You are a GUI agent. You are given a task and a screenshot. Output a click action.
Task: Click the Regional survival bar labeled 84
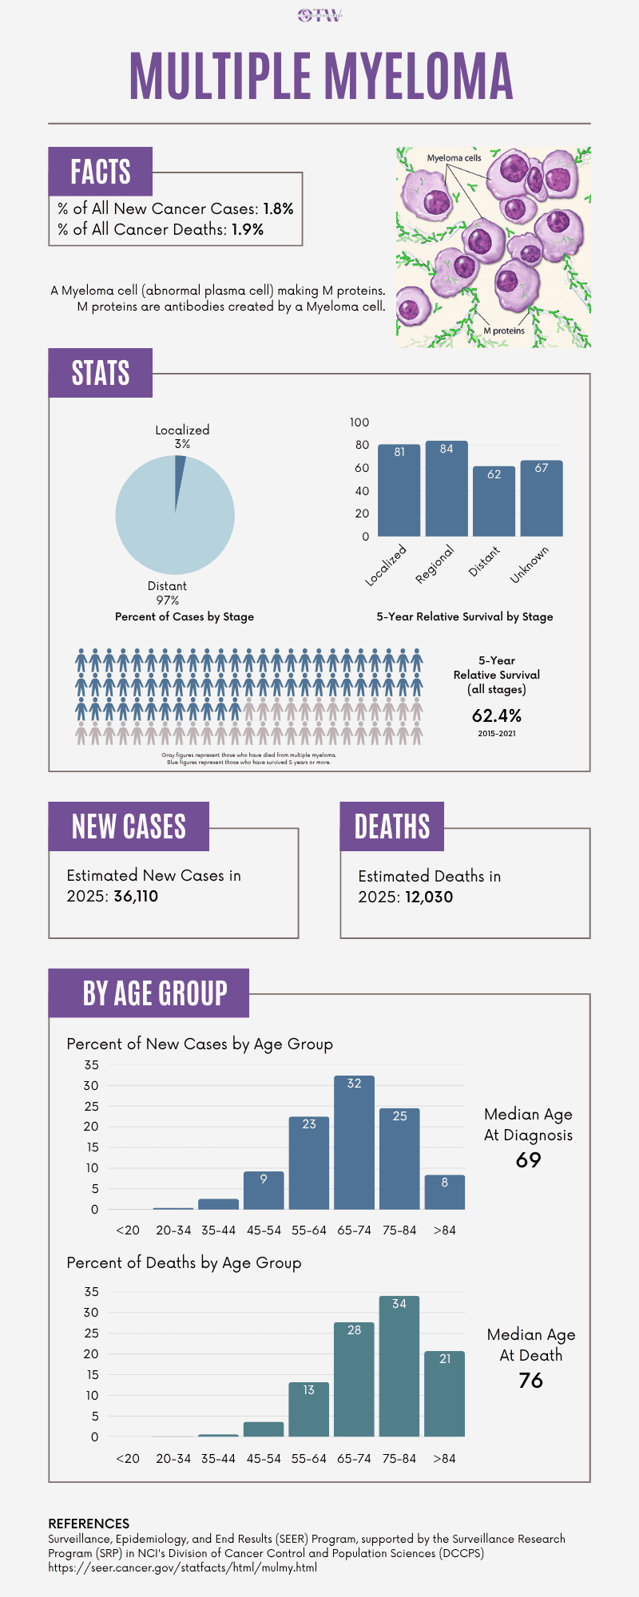(x=447, y=489)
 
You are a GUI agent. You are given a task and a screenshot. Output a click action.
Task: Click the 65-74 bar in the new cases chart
(x=354, y=1143)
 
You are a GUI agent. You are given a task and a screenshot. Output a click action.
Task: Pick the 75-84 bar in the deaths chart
(x=399, y=1366)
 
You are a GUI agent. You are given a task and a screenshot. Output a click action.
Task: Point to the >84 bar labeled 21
(x=444, y=1393)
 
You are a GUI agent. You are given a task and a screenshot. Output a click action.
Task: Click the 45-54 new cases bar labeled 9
(x=264, y=1190)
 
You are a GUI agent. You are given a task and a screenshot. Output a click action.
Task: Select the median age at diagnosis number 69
(x=529, y=1159)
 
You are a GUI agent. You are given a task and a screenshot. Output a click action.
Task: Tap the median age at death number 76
(x=530, y=1380)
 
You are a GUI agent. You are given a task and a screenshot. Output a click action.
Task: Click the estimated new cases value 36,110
(x=136, y=896)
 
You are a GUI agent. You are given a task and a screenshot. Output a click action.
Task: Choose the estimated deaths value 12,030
(x=429, y=897)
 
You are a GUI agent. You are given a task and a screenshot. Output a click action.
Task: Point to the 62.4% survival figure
(x=497, y=715)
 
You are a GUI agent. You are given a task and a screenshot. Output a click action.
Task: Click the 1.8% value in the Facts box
(x=278, y=208)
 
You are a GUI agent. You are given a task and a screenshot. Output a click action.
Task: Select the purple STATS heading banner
(x=101, y=373)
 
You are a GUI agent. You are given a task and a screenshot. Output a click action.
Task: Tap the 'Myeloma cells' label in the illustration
(x=454, y=158)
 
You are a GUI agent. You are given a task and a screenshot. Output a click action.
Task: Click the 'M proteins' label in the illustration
(x=504, y=331)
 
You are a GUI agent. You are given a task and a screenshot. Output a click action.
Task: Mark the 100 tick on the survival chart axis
(x=359, y=422)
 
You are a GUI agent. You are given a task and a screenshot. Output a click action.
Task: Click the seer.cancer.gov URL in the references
(x=183, y=1567)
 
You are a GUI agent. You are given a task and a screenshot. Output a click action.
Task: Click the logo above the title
(x=319, y=15)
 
